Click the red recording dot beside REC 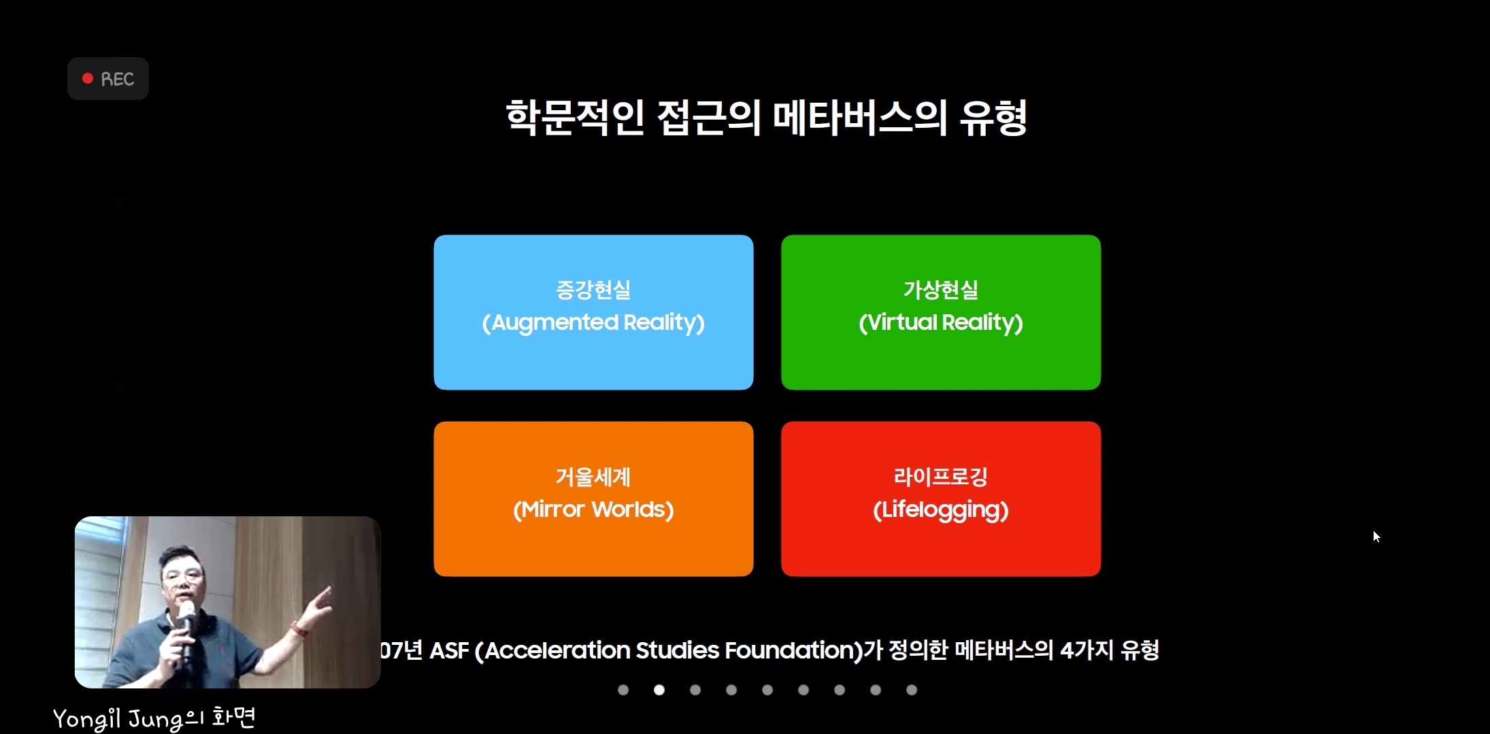point(88,78)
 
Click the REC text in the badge point(118,79)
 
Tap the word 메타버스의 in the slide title point(860,118)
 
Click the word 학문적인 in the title point(575,118)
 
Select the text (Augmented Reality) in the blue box point(593,322)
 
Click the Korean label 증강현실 point(593,290)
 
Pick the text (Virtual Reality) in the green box point(941,322)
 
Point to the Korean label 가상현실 point(941,290)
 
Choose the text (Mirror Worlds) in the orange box point(593,510)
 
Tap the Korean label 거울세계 point(593,477)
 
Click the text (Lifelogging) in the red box point(941,510)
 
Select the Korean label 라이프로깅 point(941,477)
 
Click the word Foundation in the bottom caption point(794,650)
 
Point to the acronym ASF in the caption point(449,650)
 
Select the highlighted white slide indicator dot point(659,690)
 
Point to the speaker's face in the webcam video point(183,578)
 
